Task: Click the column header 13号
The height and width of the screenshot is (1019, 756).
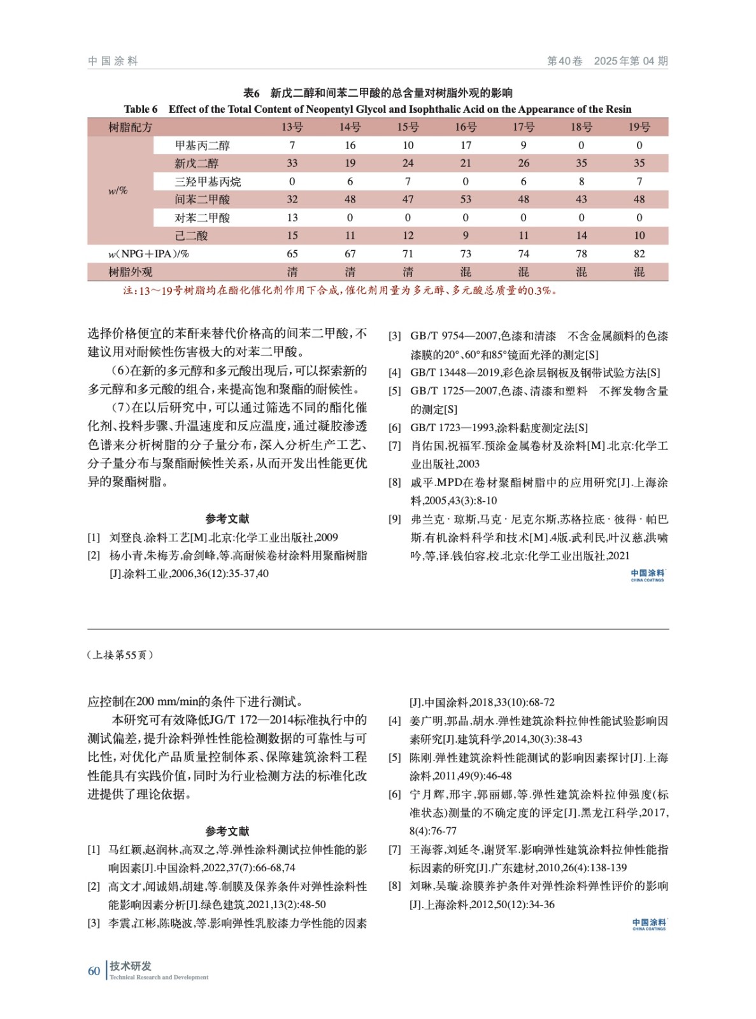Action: [292, 127]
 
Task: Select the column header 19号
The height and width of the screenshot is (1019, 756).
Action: [639, 127]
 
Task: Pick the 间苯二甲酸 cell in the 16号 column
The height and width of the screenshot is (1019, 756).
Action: [466, 199]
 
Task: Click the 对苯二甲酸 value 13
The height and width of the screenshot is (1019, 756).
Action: [292, 218]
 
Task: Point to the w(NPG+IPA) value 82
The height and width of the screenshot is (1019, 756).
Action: [639, 253]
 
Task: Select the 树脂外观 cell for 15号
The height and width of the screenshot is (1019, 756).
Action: [408, 272]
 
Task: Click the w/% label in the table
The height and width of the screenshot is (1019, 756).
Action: [118, 190]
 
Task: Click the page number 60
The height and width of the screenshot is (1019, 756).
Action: [94, 971]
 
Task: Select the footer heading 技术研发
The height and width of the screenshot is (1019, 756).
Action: [131, 966]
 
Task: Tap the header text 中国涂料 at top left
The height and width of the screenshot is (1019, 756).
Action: [113, 61]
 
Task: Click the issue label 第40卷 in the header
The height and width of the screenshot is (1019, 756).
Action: [564, 61]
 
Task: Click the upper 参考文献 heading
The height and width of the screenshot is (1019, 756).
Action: [227, 518]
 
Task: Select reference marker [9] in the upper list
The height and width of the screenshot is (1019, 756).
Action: [395, 519]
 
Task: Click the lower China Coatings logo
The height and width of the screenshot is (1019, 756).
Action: [649, 924]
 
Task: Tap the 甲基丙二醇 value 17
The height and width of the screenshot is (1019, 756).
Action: [466, 145]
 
